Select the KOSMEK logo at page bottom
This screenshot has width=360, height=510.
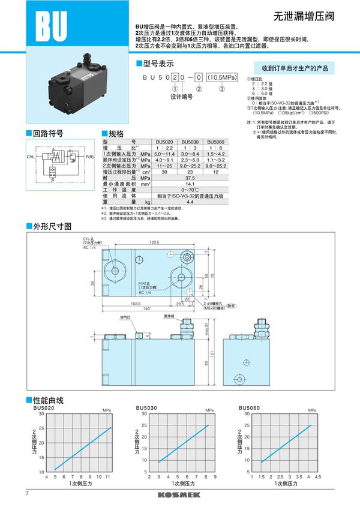pyautogui.click(x=179, y=494)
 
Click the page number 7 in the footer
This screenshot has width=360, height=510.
pyautogui.click(x=28, y=493)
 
